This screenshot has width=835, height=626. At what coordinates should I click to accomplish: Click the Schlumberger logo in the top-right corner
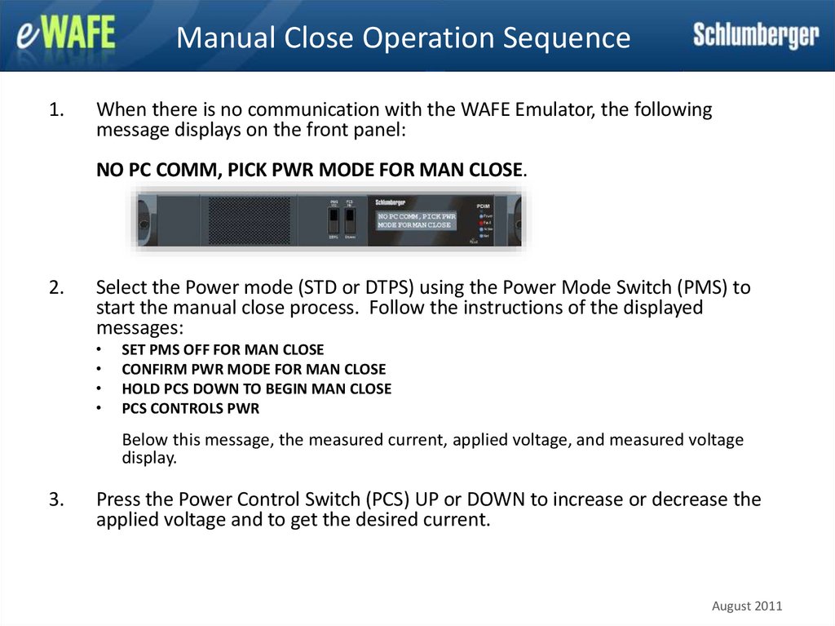(756, 35)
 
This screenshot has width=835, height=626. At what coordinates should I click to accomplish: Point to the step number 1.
(55, 109)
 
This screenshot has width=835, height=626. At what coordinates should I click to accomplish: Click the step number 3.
(55, 499)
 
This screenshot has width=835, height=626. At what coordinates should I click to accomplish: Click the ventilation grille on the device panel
(250, 220)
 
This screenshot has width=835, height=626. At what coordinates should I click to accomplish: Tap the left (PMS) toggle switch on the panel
(334, 221)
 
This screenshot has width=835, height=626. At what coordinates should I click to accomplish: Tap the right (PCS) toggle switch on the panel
(350, 221)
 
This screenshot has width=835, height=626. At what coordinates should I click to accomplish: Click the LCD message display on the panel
(416, 220)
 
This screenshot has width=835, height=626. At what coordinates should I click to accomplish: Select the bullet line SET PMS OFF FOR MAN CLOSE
(223, 349)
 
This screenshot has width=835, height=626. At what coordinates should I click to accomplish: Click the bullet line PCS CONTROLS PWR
(190, 408)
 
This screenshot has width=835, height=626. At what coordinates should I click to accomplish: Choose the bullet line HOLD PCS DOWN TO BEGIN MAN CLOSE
(256, 388)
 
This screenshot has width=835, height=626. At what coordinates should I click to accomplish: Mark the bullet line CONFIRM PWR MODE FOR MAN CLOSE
(254, 369)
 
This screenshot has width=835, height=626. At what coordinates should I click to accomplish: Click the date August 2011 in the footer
(747, 606)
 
